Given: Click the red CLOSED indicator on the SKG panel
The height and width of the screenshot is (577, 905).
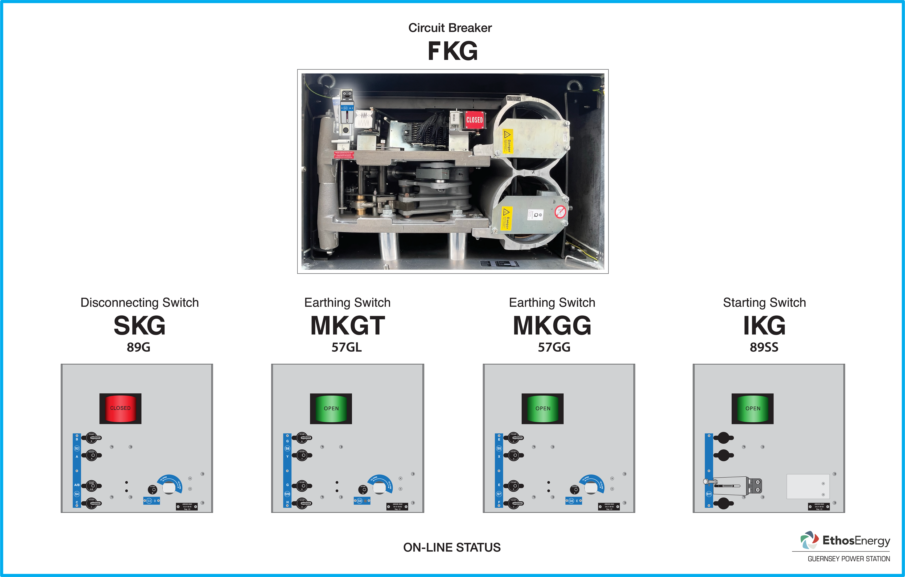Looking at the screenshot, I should pos(120,408).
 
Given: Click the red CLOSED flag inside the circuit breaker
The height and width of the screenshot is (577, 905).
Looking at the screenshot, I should pos(474,120).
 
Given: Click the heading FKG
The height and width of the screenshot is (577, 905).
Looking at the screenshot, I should pos(452,51).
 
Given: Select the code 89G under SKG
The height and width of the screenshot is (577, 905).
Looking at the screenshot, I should pos(138,347).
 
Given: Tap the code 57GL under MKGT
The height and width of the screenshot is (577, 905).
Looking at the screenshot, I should pos(346,347).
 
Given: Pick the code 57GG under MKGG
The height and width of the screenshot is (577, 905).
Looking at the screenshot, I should pos(554,347).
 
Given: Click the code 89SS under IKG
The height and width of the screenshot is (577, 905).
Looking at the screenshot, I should pos(764,347).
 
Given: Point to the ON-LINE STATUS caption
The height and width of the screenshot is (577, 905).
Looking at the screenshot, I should pos(452,547).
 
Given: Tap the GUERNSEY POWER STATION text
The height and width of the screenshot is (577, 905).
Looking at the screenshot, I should pos(849,559).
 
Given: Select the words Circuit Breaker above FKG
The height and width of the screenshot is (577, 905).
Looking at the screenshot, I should pos(450,28).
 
